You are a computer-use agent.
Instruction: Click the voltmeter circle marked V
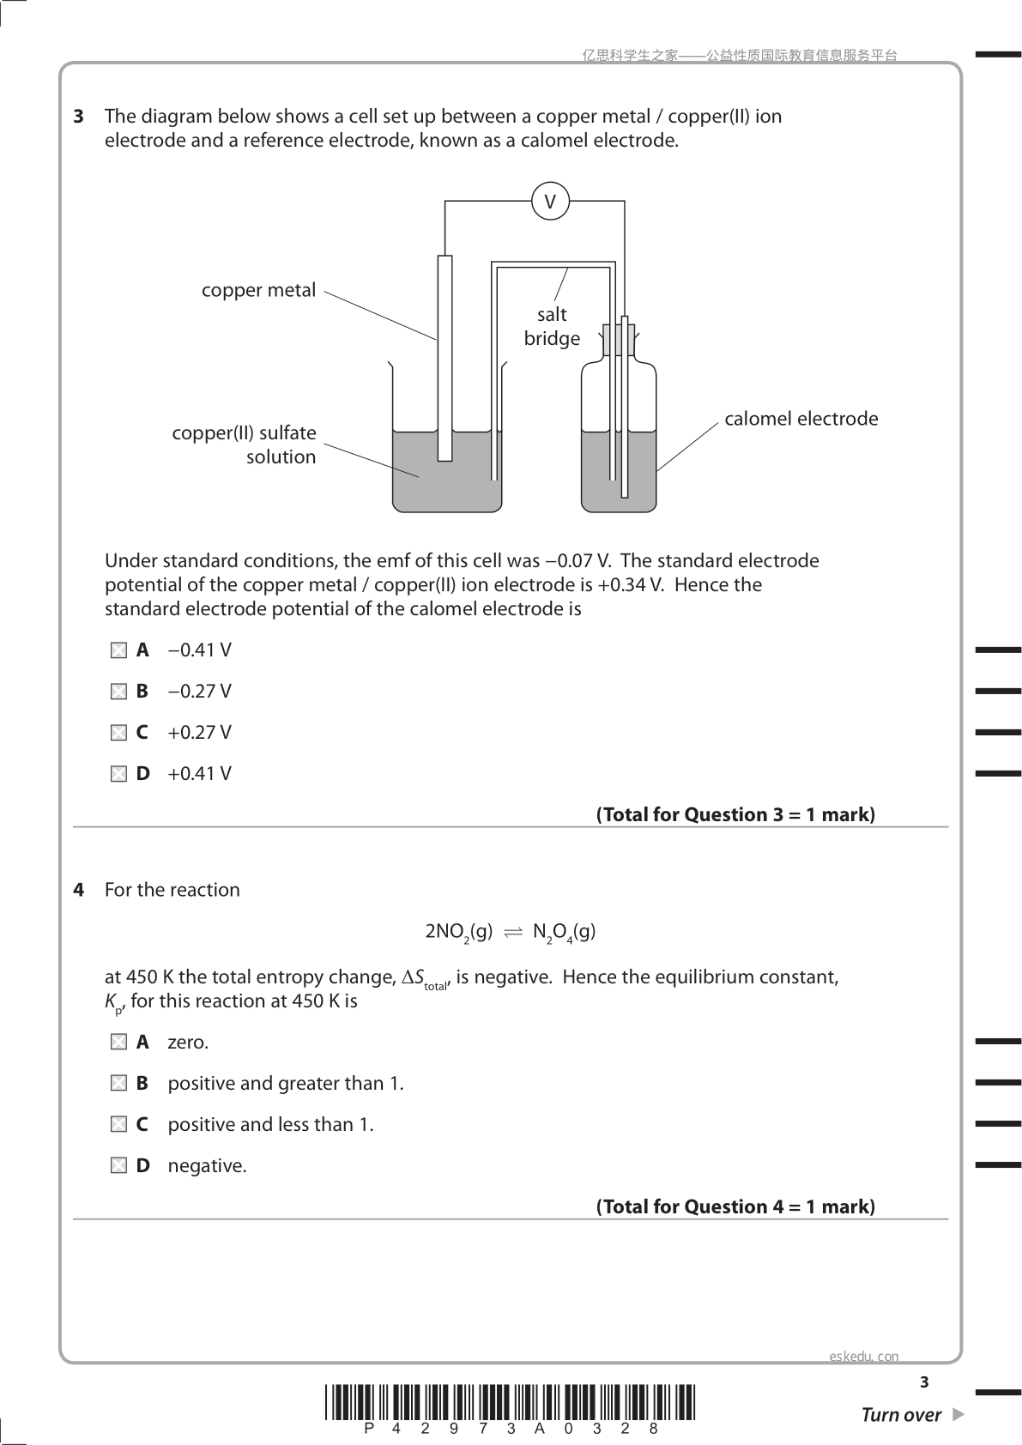pyautogui.click(x=550, y=202)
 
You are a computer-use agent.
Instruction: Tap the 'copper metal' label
pyautogui.click(x=258, y=290)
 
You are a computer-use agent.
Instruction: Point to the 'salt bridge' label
pyautogui.click(x=552, y=326)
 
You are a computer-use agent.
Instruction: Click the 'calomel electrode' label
pyautogui.click(x=801, y=419)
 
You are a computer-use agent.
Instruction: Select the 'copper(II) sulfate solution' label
pyautogui.click(x=244, y=444)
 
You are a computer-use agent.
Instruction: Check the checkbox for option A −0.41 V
pyautogui.click(x=118, y=651)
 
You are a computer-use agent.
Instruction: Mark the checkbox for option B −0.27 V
pyautogui.click(x=118, y=692)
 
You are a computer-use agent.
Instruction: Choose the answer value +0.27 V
pyautogui.click(x=199, y=733)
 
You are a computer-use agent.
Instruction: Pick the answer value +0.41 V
pyautogui.click(x=199, y=774)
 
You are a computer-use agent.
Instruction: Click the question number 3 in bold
pyautogui.click(x=79, y=117)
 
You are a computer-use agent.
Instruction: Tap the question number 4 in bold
pyautogui.click(x=79, y=890)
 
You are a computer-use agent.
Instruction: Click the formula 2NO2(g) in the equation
pyautogui.click(x=459, y=933)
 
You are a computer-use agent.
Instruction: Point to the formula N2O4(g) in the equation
pyautogui.click(x=564, y=933)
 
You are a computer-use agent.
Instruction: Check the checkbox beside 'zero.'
pyautogui.click(x=118, y=1043)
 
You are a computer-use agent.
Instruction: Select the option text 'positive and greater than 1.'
pyautogui.click(x=286, y=1084)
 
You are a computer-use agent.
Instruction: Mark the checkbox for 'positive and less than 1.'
pyautogui.click(x=118, y=1125)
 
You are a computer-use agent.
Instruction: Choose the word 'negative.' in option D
pyautogui.click(x=207, y=1166)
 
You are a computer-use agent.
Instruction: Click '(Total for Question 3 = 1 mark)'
pyautogui.click(x=735, y=815)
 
